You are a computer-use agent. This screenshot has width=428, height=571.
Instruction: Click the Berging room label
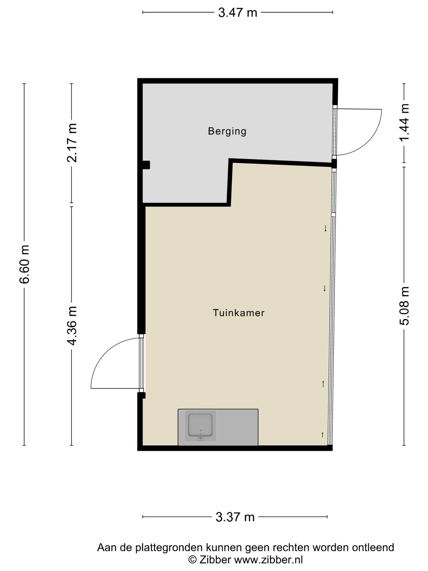click(x=227, y=131)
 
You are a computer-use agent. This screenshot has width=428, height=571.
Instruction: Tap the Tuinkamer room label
click(x=239, y=313)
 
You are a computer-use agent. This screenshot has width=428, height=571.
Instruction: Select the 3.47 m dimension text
click(x=237, y=13)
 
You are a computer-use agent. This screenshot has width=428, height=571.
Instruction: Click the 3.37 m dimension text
click(x=235, y=517)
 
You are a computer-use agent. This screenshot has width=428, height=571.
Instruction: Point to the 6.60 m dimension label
click(x=24, y=264)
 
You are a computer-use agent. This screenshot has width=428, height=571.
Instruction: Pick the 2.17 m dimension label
click(x=72, y=143)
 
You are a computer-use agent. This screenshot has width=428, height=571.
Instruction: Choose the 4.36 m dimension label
click(x=72, y=326)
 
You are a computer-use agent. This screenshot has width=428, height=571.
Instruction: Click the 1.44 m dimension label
click(x=404, y=123)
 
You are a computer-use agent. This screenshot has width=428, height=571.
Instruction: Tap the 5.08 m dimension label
click(x=404, y=306)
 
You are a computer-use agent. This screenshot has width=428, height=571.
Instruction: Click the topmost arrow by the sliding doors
click(x=325, y=228)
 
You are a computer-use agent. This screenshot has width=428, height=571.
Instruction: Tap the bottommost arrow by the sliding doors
click(x=322, y=435)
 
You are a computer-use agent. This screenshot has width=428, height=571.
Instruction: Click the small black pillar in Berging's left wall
click(x=146, y=165)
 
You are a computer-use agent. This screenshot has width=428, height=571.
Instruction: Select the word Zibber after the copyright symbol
click(x=215, y=560)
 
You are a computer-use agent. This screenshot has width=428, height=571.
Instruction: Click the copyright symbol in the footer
click(x=193, y=560)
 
